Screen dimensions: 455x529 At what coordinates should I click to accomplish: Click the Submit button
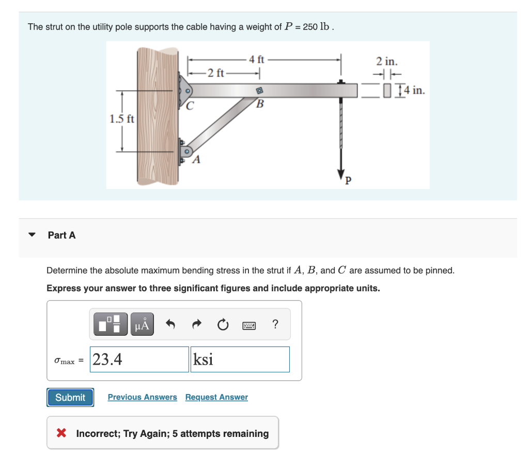pyautogui.click(x=70, y=397)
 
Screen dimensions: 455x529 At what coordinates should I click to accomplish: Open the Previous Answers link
pyautogui.click(x=142, y=397)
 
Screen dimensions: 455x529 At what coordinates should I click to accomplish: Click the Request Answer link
pyautogui.click(x=216, y=397)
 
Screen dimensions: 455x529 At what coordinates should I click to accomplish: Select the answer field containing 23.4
pyautogui.click(x=139, y=359)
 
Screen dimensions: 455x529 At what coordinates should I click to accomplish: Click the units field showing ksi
pyautogui.click(x=240, y=359)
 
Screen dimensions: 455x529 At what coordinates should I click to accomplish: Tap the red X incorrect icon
pyautogui.click(x=61, y=433)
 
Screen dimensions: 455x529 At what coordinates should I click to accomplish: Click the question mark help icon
pyautogui.click(x=275, y=324)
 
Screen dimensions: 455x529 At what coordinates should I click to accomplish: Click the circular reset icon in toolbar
pyautogui.click(x=222, y=325)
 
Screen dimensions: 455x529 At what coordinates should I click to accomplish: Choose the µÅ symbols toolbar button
pyautogui.click(x=142, y=324)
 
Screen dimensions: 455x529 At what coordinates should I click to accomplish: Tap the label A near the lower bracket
pyautogui.click(x=196, y=159)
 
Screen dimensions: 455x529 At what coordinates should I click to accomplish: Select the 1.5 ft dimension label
pyautogui.click(x=121, y=119)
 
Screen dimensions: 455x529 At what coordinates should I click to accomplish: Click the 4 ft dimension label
pyautogui.click(x=257, y=59)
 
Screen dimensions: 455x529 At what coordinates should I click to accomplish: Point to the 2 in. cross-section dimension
pyautogui.click(x=386, y=61)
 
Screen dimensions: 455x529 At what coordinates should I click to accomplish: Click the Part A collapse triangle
pyautogui.click(x=33, y=235)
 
